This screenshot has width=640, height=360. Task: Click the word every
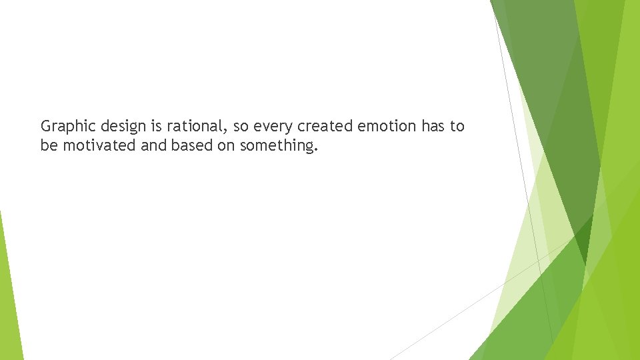coord(268,126)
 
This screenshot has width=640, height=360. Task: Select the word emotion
coord(385,125)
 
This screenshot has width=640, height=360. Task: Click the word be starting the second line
coord(49,145)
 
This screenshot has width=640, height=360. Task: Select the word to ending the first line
coord(457,125)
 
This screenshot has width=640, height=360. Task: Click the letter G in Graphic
coord(45,125)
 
